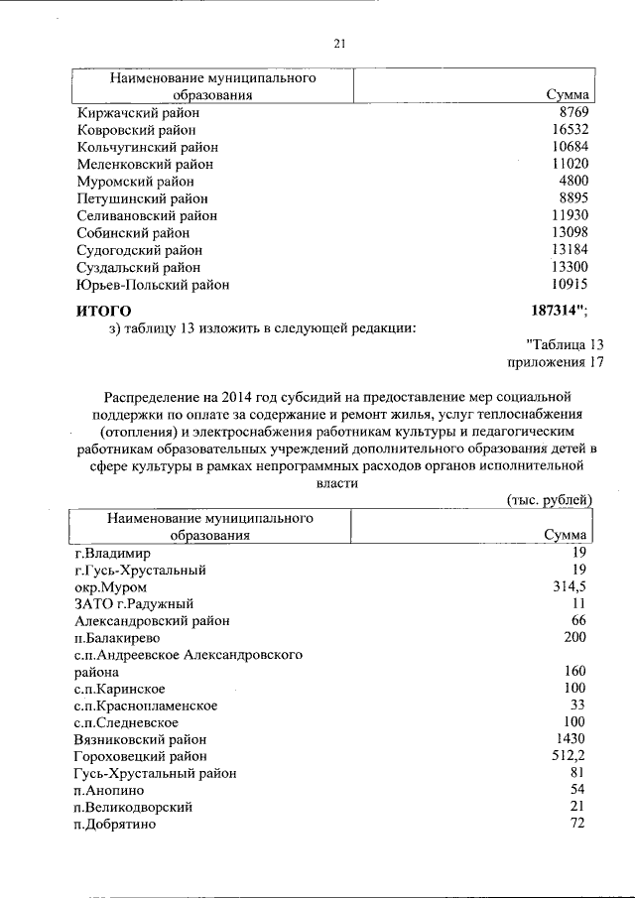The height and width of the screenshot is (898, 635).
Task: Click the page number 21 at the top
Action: pyautogui.click(x=338, y=44)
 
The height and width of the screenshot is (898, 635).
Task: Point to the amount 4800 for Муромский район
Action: pyautogui.click(x=573, y=182)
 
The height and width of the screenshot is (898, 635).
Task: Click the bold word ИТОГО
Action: pyautogui.click(x=104, y=311)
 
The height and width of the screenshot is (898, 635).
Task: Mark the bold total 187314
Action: pyautogui.click(x=555, y=310)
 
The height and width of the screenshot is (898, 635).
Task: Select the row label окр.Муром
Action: pyautogui.click(x=110, y=587)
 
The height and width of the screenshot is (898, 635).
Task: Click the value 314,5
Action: pyautogui.click(x=570, y=586)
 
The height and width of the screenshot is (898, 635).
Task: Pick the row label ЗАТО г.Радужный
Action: pyautogui.click(x=133, y=603)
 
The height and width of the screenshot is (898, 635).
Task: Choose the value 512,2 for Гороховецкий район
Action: pyautogui.click(x=570, y=756)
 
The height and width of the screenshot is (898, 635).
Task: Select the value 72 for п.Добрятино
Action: pyautogui.click(x=579, y=824)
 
